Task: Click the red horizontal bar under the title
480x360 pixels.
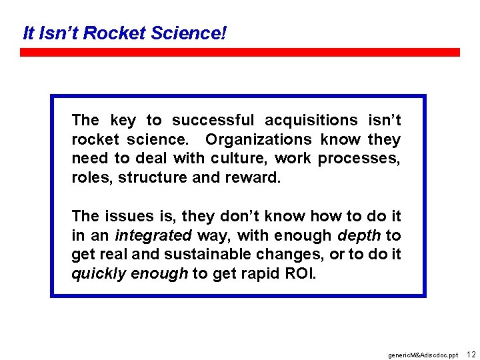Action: pos(239,52)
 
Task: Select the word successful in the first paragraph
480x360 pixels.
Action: pos(213,120)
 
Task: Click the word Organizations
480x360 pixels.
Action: pos(258,139)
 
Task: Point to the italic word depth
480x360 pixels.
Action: pos(359,236)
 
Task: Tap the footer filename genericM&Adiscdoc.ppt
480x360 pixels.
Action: pos(423,355)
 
